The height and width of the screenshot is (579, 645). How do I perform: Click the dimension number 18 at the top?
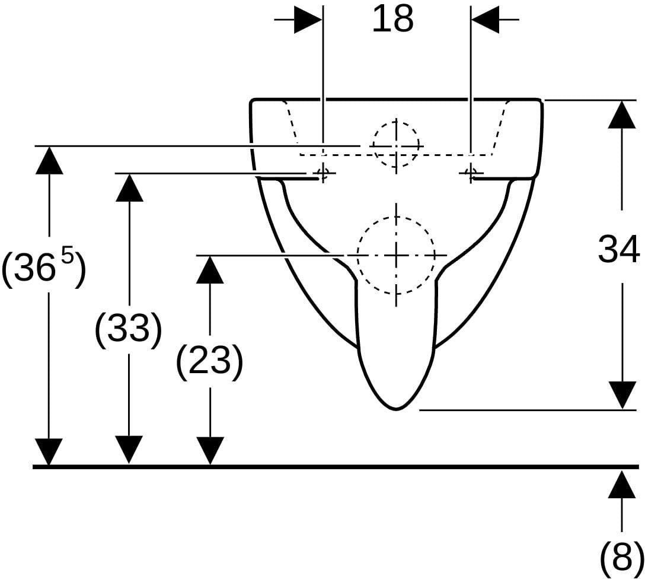(x=393, y=20)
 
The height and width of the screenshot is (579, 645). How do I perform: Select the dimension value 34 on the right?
(x=619, y=249)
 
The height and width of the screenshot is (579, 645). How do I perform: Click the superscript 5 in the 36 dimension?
(x=68, y=259)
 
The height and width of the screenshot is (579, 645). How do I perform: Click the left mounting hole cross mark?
(x=323, y=173)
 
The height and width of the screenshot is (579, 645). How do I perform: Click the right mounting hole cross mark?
(x=471, y=173)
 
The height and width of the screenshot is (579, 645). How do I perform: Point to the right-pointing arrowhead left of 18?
(x=308, y=19)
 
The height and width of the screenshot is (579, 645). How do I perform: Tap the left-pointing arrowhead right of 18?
(x=486, y=19)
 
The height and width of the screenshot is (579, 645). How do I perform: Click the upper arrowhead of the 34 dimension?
(x=621, y=114)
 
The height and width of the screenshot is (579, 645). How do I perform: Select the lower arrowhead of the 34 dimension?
(x=621, y=395)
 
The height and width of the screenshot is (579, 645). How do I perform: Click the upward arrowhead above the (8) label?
(x=621, y=485)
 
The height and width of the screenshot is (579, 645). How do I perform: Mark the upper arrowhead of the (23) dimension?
(x=210, y=269)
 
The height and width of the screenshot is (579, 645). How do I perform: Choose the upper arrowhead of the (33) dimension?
(x=129, y=187)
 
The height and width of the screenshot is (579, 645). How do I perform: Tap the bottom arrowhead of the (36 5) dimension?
(x=49, y=452)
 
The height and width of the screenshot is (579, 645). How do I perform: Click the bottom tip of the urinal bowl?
(x=396, y=409)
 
